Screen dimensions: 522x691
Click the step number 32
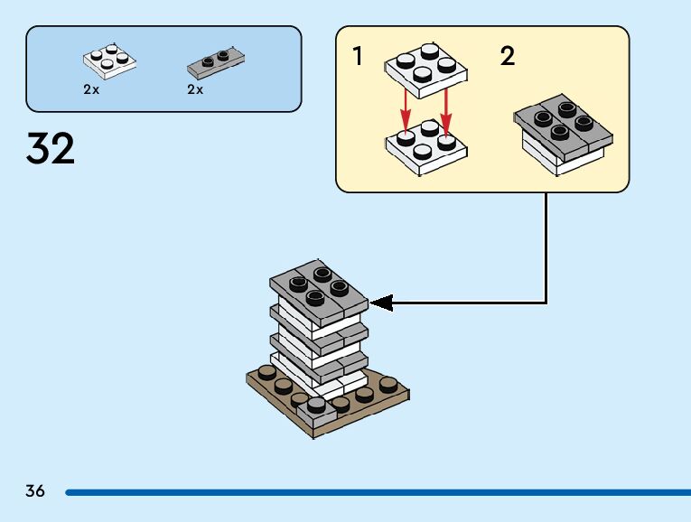coord(51,148)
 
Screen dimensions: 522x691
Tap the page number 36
coord(35,491)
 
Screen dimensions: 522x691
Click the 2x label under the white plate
coord(90,89)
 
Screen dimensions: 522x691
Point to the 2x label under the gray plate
coord(195,89)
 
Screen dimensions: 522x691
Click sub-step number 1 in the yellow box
coord(359,57)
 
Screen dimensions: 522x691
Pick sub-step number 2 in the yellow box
coord(508,57)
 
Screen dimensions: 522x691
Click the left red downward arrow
coord(406,113)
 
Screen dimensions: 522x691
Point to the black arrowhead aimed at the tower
coord(382,303)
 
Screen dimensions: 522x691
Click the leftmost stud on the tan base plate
coord(266,372)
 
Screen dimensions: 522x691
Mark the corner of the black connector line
coord(546,303)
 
